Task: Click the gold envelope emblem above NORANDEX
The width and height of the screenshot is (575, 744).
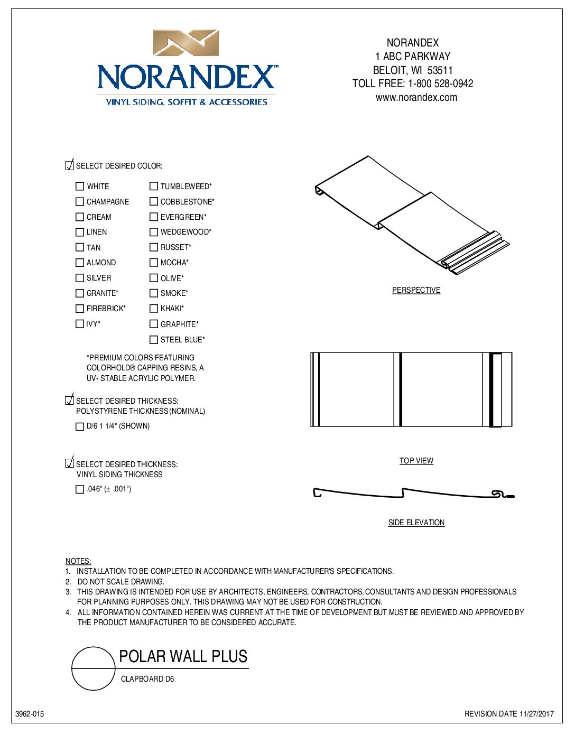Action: pos(186,43)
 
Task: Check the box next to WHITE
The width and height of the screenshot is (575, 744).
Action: pos(80,186)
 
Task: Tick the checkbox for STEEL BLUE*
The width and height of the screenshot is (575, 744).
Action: pos(154,340)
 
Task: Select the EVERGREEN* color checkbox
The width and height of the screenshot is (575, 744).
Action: pos(154,217)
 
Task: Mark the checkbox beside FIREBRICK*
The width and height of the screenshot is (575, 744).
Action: pos(80,309)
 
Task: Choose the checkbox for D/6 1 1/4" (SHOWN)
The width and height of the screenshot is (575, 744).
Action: pos(80,426)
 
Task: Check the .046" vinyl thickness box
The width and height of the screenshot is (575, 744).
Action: pos(80,489)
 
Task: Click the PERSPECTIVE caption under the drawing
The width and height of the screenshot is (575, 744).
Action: pos(416,290)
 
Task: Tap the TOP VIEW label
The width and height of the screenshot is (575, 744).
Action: pos(416,461)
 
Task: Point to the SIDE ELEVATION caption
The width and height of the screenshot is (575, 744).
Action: pos(416,523)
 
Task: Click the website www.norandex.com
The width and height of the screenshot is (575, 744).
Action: pos(416,97)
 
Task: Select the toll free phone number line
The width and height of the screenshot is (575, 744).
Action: pos(412,83)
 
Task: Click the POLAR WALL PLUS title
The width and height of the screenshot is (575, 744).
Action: pos(183,656)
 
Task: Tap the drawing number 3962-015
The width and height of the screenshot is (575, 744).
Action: pos(30,714)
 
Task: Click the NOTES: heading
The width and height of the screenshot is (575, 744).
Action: pos(78,561)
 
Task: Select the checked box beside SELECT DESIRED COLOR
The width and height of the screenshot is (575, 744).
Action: pos(69,165)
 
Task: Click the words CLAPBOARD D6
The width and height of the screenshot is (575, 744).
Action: pos(147,679)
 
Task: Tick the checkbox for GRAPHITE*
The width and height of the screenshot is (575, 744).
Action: pos(154,324)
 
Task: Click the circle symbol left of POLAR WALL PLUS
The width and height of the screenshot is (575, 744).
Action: pos(93,668)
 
